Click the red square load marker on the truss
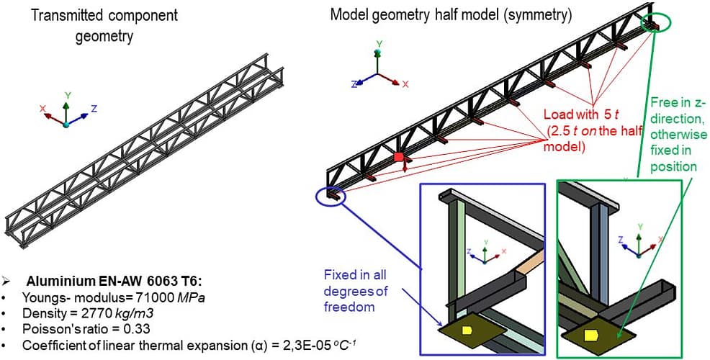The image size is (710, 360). tap(398, 157)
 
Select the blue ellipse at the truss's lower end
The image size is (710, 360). tap(331, 196)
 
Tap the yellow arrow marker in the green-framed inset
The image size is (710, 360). tap(593, 336)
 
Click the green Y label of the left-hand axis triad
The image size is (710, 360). tap(67, 94)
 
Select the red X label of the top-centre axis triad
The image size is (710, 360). tap(405, 84)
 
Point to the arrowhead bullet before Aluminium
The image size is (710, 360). tap(6, 280)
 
